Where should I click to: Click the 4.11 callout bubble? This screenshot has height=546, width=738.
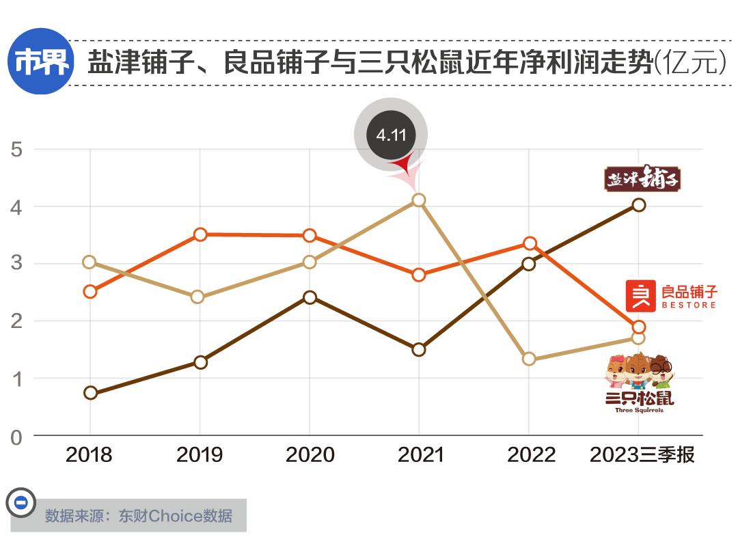pyautogui.click(x=391, y=135)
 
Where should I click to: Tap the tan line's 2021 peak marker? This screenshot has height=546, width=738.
pyautogui.click(x=419, y=200)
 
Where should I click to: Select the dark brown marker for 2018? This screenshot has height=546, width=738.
pyautogui.click(x=90, y=393)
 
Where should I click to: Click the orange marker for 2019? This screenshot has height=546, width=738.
pyautogui.click(x=200, y=234)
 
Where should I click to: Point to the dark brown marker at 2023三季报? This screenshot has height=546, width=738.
pyautogui.click(x=638, y=205)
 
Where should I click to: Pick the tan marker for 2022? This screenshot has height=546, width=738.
pyautogui.click(x=528, y=359)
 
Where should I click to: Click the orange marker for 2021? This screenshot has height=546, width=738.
pyautogui.click(x=419, y=275)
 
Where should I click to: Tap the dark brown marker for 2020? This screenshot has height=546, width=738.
pyautogui.click(x=310, y=297)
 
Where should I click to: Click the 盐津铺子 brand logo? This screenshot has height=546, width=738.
pyautogui.click(x=642, y=178)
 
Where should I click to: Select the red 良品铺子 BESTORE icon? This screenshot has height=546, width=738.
pyautogui.click(x=640, y=296)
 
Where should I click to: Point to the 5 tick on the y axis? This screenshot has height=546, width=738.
pyautogui.click(x=16, y=150)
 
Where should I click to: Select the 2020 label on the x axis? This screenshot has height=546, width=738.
pyautogui.click(x=310, y=455)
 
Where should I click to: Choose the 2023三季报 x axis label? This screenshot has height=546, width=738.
pyautogui.click(x=642, y=455)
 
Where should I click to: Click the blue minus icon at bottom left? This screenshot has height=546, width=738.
pyautogui.click(x=20, y=503)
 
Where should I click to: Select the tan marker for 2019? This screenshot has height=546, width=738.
pyautogui.click(x=198, y=297)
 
